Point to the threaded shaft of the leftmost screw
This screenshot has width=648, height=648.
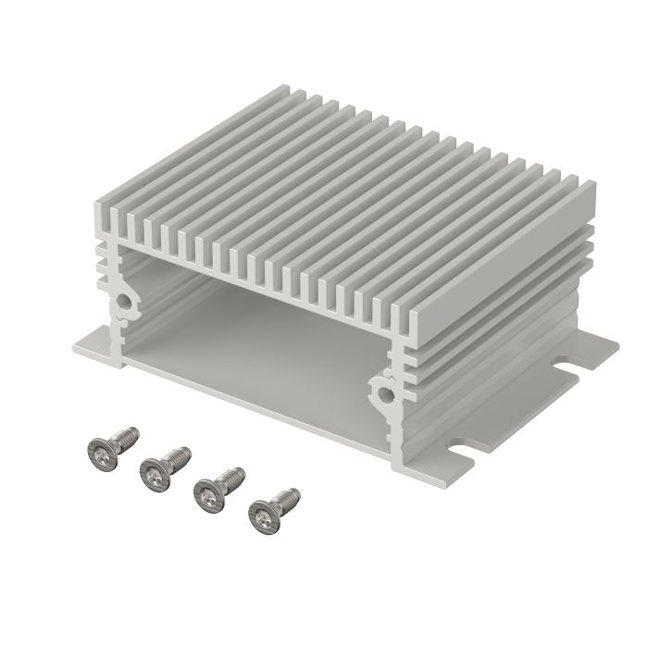[x=125, y=435]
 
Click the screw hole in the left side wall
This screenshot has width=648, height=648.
[x=123, y=303]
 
